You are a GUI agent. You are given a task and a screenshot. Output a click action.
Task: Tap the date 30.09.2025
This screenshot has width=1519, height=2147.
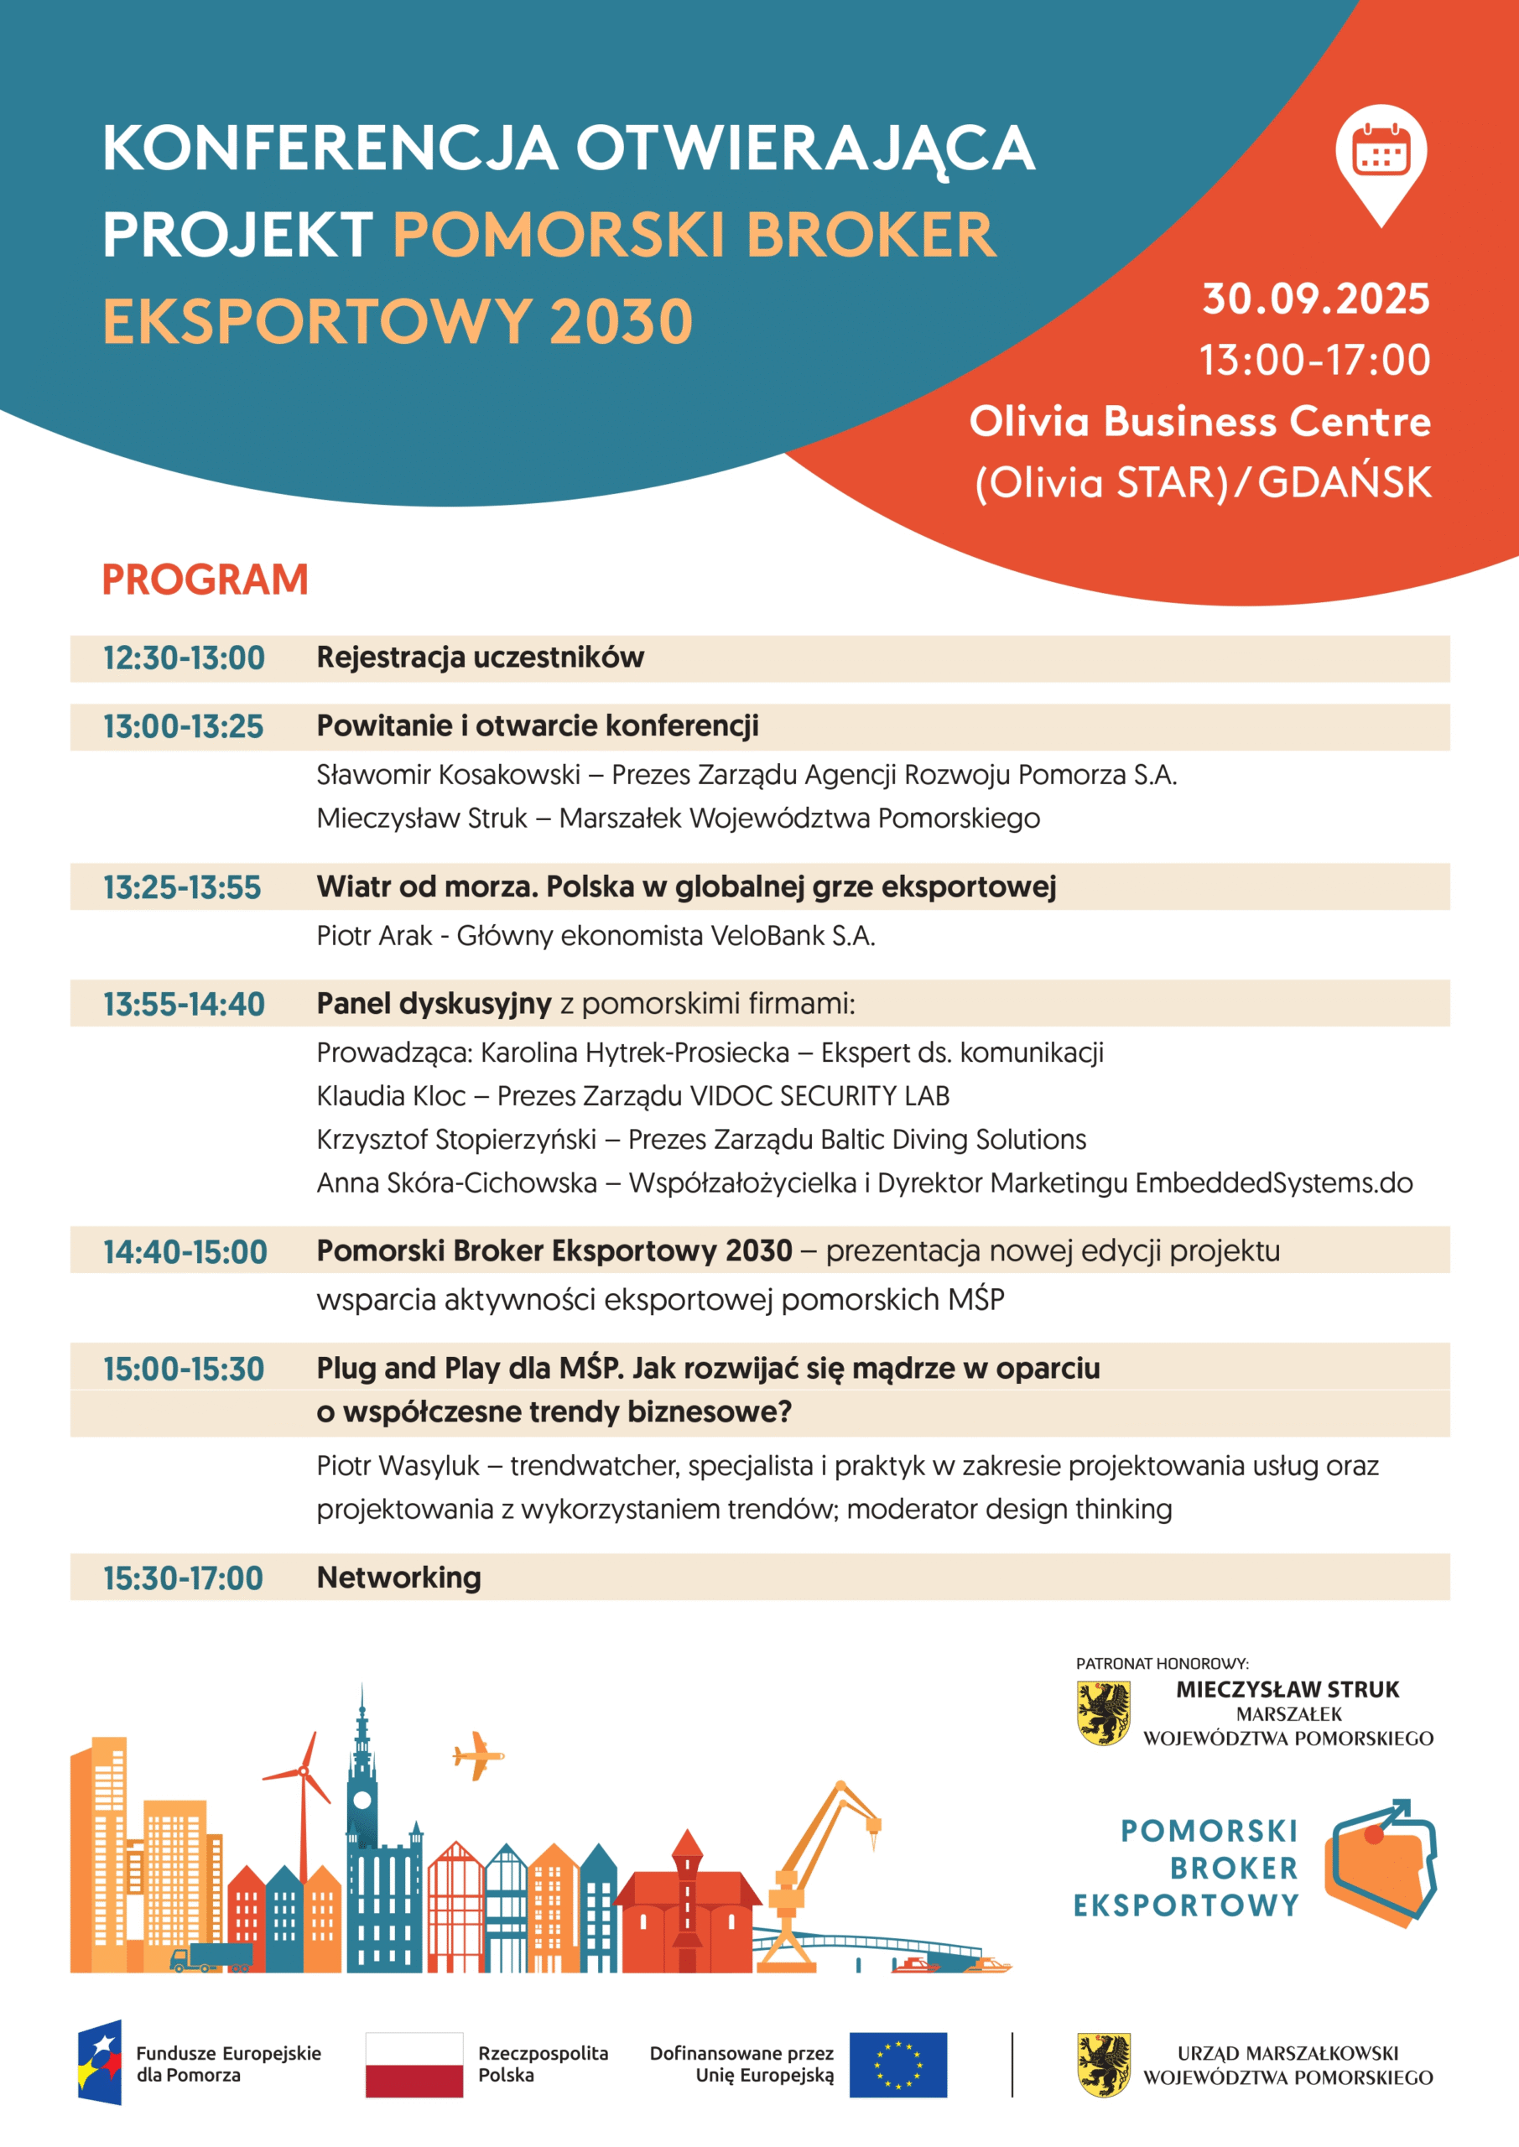pyautogui.click(x=1315, y=299)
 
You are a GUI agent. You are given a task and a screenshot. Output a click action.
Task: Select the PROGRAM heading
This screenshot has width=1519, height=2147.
pyautogui.click(x=205, y=580)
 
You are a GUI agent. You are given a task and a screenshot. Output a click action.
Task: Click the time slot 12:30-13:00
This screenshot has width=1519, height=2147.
pyautogui.click(x=185, y=658)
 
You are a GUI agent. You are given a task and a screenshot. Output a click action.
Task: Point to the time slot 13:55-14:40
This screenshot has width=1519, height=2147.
pyautogui.click(x=185, y=1004)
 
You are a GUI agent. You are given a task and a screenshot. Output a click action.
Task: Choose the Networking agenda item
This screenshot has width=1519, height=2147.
pyautogui.click(x=398, y=1578)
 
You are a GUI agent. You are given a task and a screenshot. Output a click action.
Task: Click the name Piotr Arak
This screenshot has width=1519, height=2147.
pyautogui.click(x=374, y=936)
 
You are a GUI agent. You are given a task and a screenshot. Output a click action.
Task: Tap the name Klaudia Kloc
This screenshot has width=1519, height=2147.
pyautogui.click(x=391, y=1096)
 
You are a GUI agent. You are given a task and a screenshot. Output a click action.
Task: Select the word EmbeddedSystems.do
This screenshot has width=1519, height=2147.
pyautogui.click(x=1273, y=1183)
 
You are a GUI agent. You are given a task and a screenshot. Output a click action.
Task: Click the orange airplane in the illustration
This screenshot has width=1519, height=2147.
pyautogui.click(x=478, y=1755)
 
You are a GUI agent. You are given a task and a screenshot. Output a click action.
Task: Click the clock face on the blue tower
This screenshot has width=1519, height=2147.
pyautogui.click(x=362, y=1799)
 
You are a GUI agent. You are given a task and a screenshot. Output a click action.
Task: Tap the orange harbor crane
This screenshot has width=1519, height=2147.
pyautogui.click(x=823, y=1861)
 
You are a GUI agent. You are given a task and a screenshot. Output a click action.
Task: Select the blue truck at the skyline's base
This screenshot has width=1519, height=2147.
pyautogui.click(x=213, y=1955)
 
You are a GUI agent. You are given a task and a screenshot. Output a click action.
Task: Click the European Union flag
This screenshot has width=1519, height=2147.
pyautogui.click(x=898, y=2065)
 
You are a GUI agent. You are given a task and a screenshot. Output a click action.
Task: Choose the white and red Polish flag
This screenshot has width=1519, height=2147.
pyautogui.click(x=414, y=2065)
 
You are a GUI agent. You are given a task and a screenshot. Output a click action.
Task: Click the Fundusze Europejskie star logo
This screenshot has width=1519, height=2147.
pyautogui.click(x=100, y=2063)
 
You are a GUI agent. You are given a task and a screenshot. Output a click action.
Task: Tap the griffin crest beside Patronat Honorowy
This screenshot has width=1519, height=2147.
pyautogui.click(x=1103, y=1713)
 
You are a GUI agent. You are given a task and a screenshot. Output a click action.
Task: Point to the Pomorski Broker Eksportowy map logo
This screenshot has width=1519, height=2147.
pyautogui.click(x=1380, y=1861)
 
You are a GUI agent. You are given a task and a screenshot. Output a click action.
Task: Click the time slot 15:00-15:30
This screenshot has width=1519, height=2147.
pyautogui.click(x=185, y=1369)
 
